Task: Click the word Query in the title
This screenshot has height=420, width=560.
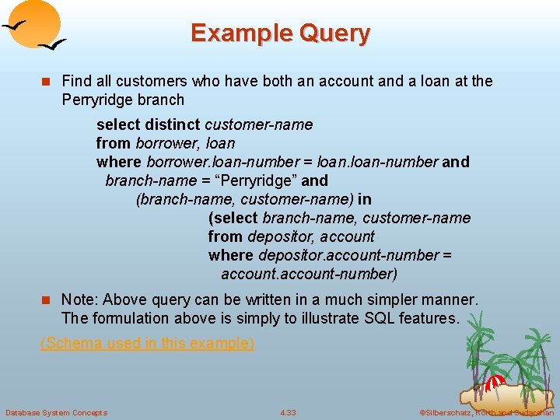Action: pyautogui.click(x=335, y=33)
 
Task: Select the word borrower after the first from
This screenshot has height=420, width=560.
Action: pyautogui.click(x=167, y=143)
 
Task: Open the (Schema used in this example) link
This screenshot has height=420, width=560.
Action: pyautogui.click(x=147, y=343)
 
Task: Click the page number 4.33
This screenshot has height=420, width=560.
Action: pyautogui.click(x=288, y=412)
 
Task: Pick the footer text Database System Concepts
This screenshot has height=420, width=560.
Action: pyautogui.click(x=56, y=412)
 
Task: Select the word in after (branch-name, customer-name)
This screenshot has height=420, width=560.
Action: pyautogui.click(x=365, y=199)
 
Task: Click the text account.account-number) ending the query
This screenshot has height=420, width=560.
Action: pyautogui.click(x=309, y=274)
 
